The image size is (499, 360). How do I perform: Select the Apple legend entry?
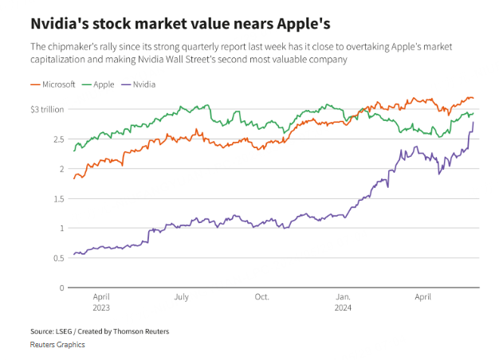click(104, 84)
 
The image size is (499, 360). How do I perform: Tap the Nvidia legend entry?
click(143, 84)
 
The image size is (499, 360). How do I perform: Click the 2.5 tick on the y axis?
click(58, 139)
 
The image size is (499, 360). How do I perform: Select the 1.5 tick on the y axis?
click(58, 198)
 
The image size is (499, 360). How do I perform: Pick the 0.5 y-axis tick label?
click(58, 258)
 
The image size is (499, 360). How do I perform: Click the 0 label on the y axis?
click(61, 288)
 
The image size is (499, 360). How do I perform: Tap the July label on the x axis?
click(181, 297)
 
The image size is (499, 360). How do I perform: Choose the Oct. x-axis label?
click(261, 297)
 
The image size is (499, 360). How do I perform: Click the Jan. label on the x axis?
click(343, 297)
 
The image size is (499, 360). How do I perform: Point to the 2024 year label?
click(343, 307)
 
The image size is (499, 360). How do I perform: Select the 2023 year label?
click(101, 307)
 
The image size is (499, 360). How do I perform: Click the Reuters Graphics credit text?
click(57, 344)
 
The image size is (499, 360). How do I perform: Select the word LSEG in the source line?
click(64, 331)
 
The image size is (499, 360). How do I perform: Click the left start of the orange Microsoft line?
click(73, 178)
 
